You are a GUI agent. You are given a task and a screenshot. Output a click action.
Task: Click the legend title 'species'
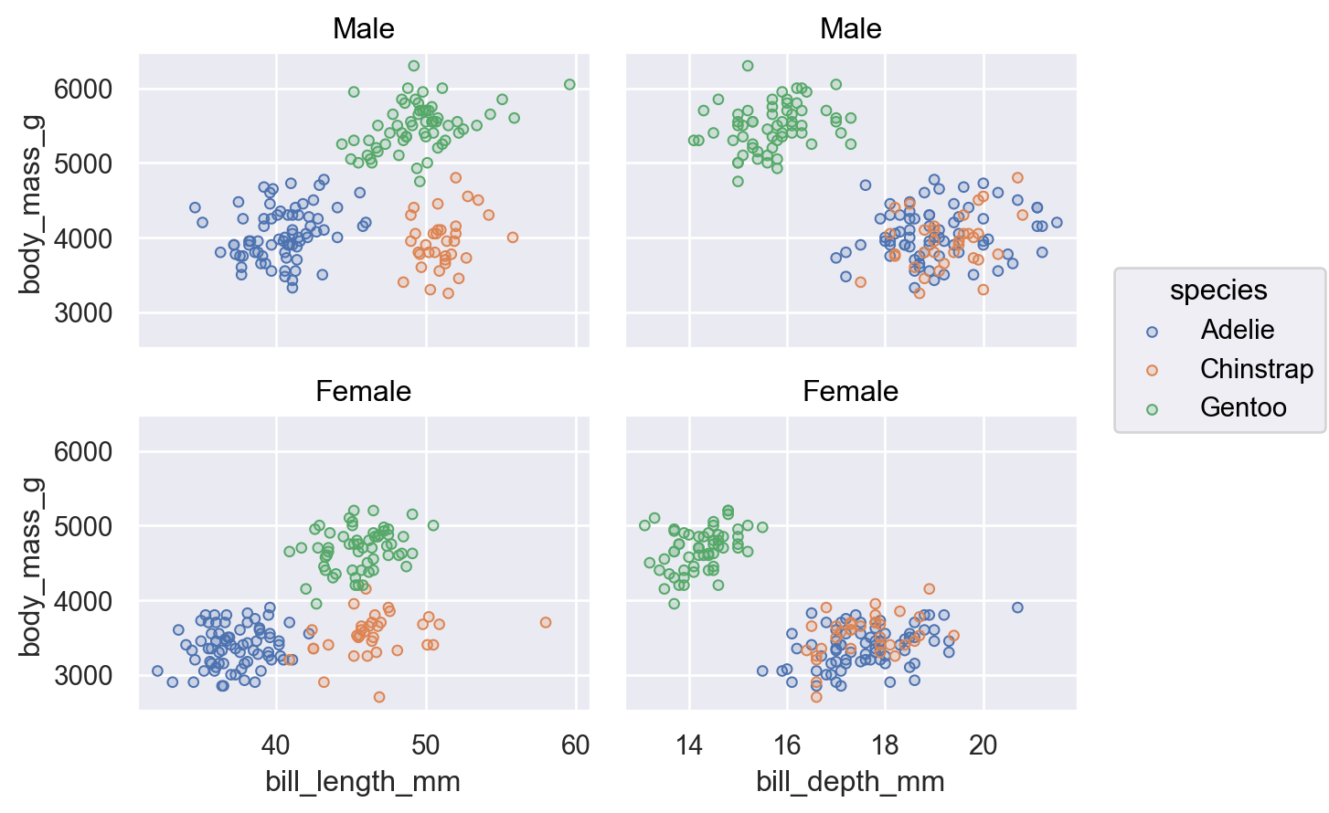coord(1218,290)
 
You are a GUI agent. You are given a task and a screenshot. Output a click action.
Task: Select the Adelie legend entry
coord(1237,330)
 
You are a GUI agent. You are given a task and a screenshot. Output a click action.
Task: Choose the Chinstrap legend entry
coord(1256,369)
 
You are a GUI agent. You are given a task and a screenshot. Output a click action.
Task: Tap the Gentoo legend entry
coord(1243,407)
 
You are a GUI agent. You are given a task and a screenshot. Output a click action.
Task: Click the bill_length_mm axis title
coord(363,782)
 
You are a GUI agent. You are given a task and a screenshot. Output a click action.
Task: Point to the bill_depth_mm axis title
coord(850,782)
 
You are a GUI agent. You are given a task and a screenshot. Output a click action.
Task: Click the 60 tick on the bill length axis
coord(576,745)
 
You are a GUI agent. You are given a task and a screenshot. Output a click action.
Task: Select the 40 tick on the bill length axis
coord(275,745)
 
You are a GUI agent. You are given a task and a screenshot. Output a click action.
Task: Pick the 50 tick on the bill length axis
coord(426,745)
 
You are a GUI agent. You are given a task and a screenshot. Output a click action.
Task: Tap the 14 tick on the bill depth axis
coord(689,745)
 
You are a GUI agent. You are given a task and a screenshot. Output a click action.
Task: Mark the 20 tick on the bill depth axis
coord(983,745)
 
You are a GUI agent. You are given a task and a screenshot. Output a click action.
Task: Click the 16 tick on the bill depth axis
coord(787,745)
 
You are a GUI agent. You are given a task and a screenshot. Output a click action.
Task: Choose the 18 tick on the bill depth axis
coord(885,745)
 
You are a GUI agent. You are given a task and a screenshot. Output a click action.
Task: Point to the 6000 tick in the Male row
coord(83,90)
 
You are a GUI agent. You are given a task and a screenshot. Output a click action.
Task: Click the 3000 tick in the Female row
coord(83,676)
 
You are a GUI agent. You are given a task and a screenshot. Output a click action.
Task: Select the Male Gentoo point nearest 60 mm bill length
coord(569,85)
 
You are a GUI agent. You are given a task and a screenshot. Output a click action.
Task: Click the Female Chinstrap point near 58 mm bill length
coord(546,623)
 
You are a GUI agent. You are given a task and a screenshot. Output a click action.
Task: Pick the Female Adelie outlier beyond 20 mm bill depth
coord(1017,607)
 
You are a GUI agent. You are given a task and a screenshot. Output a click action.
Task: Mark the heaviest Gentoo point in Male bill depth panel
coord(748,66)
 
